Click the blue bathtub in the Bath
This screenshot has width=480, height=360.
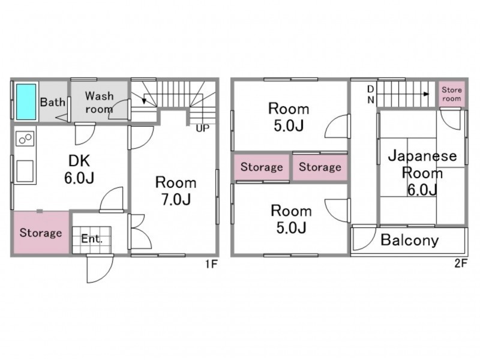(26, 102)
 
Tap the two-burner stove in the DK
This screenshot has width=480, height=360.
(25, 139)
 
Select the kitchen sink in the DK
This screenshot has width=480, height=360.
(25, 171)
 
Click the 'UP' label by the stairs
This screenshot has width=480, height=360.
(202, 128)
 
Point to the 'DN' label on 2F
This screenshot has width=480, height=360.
(371, 94)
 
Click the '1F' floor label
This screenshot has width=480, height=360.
(211, 263)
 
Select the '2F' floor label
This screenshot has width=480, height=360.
(461, 263)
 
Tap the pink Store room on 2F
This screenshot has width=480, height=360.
(452, 94)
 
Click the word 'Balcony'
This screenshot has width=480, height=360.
(410, 240)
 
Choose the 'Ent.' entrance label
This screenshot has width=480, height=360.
(92, 239)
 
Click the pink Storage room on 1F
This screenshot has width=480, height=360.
(41, 233)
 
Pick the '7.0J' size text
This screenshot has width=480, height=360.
(176, 199)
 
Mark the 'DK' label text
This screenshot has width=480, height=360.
(79, 161)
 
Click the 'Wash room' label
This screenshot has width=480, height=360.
(99, 103)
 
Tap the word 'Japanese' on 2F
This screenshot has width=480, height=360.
(422, 156)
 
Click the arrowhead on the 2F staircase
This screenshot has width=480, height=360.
(426, 94)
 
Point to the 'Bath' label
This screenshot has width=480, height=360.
(53, 102)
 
